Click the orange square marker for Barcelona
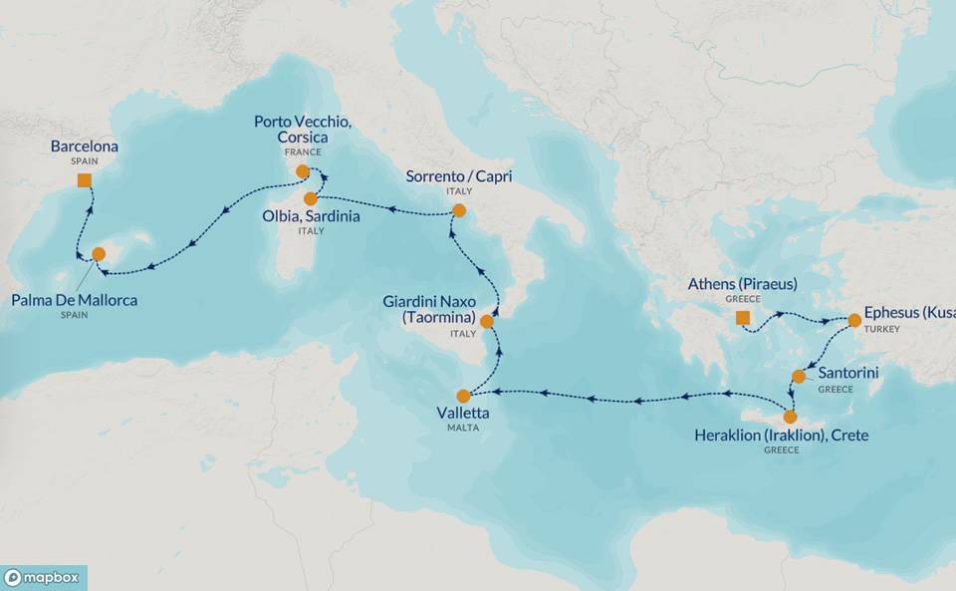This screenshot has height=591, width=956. tap(85, 180)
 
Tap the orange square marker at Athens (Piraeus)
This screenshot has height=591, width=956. tap(742, 318)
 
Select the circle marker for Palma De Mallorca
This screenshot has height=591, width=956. tap(100, 254)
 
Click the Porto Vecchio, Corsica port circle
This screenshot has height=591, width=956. tap(303, 171)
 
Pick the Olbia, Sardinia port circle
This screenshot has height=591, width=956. tap(311, 198)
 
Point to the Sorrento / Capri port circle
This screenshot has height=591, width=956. tap(459, 210)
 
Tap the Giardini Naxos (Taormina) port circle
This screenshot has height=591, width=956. tap(487, 321)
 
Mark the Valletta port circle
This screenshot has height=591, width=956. tap(463, 396)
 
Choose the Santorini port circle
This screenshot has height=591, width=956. tap(799, 377)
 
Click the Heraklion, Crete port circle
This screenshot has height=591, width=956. tap(791, 417)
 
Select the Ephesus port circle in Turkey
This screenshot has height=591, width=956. tap(854, 321)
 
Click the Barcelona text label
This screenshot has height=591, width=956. tap(85, 147)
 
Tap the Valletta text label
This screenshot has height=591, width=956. tap(463, 412)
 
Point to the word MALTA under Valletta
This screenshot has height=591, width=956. tap(463, 428)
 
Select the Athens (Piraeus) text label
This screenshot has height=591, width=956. tap(742, 284)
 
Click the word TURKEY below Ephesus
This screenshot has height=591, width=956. tap(880, 326)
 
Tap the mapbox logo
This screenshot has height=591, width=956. tap(44, 578)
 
